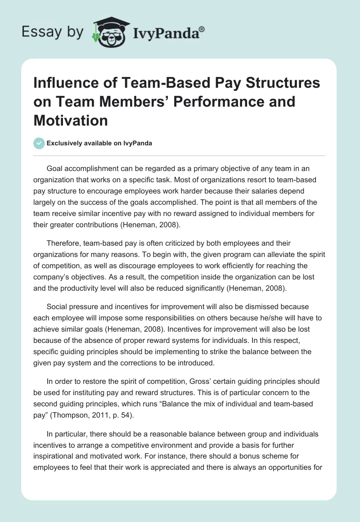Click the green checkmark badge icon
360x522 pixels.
coord(39,143)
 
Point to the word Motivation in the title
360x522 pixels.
coord(71,120)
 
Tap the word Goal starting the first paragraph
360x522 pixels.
coord(55,169)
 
